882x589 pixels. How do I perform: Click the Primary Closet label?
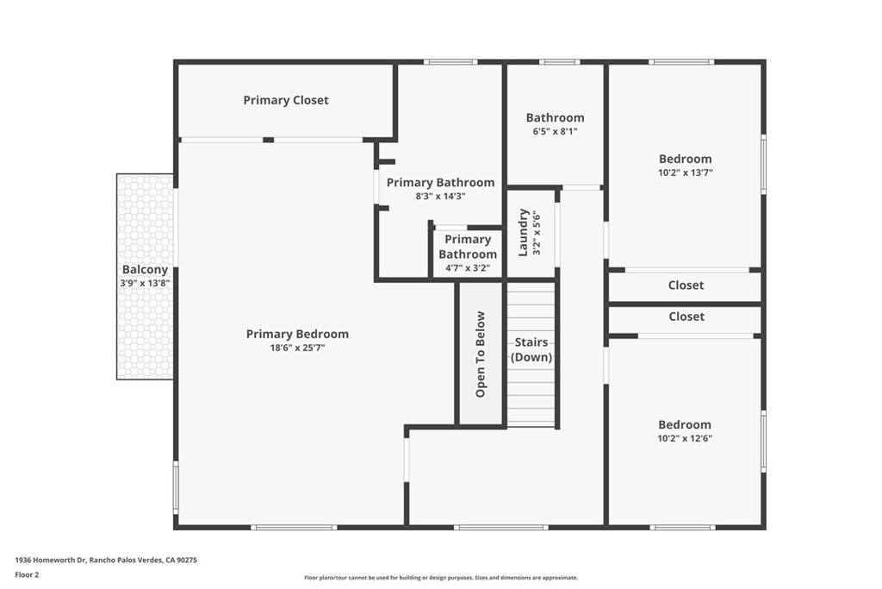(x=286, y=100)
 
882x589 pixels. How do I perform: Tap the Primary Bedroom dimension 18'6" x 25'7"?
(x=297, y=348)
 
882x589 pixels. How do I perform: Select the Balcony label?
(x=145, y=270)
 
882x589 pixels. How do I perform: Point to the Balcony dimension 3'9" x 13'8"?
(x=145, y=283)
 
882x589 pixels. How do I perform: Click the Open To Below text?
(x=481, y=354)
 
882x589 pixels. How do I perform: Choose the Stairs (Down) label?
(x=531, y=349)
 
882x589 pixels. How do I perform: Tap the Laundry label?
(x=523, y=233)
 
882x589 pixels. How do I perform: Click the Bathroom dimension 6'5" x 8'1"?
(x=556, y=132)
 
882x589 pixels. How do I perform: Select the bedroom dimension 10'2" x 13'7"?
(x=685, y=172)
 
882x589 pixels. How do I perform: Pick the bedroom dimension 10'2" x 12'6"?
(x=685, y=439)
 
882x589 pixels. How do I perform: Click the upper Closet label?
(x=686, y=285)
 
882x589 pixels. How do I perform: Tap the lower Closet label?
(x=686, y=316)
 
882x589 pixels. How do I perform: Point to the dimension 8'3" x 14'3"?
(x=440, y=197)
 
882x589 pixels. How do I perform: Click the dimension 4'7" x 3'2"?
(x=468, y=268)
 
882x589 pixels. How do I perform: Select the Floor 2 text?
(x=27, y=575)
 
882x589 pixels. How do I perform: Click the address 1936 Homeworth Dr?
(x=50, y=561)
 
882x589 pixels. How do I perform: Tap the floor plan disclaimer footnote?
(x=441, y=578)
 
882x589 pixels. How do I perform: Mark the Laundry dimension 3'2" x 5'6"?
(x=536, y=234)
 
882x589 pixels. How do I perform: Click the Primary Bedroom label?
(x=297, y=335)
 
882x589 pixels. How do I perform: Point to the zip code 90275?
(x=187, y=561)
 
